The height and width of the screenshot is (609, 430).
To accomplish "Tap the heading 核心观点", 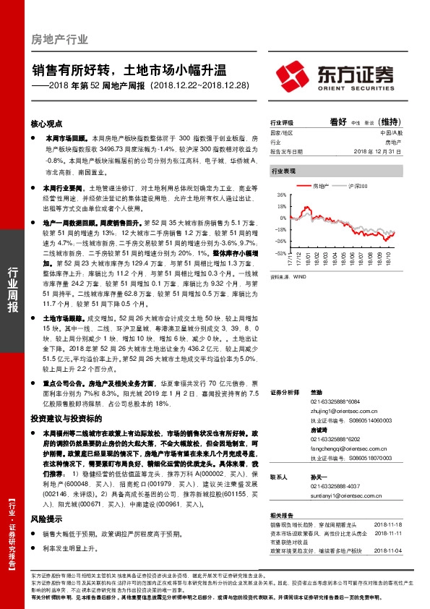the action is pos(47,124).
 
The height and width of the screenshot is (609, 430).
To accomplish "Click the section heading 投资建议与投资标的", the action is pos(61,418).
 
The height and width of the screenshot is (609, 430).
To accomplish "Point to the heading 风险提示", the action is pos(47,519).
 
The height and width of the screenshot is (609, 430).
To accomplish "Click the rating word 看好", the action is pos(338,122).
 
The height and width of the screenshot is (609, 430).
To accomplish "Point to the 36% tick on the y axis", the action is pos(280,195).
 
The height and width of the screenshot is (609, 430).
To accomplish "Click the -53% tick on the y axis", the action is pos(279,254).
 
